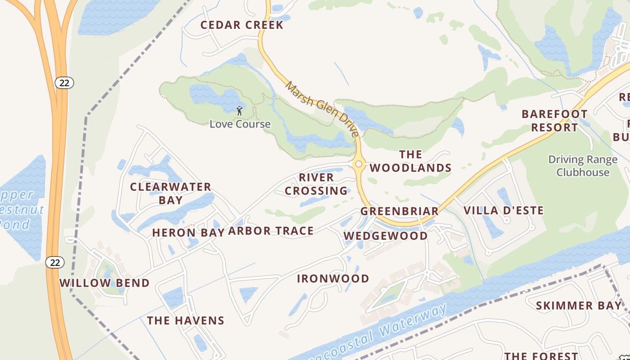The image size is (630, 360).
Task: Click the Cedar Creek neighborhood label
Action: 242,25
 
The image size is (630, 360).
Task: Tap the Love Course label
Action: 240,124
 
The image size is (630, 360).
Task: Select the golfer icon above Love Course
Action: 239,110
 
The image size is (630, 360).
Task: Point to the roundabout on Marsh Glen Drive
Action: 359,164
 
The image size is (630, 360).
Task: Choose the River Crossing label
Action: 316,184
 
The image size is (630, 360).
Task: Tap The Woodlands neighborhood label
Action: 410,161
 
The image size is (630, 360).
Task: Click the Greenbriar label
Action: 399,211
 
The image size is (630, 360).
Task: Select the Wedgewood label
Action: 386,236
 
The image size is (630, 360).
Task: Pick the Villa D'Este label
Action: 504,210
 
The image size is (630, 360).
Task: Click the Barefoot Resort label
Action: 554,121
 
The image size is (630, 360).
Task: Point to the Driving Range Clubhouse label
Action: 583,166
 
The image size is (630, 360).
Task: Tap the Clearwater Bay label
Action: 171,193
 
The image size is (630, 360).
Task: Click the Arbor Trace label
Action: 271,231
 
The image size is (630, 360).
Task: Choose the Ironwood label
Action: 333,279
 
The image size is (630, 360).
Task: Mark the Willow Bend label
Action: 104,283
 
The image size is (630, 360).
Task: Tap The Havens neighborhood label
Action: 185,320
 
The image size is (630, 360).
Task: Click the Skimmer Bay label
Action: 578,306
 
